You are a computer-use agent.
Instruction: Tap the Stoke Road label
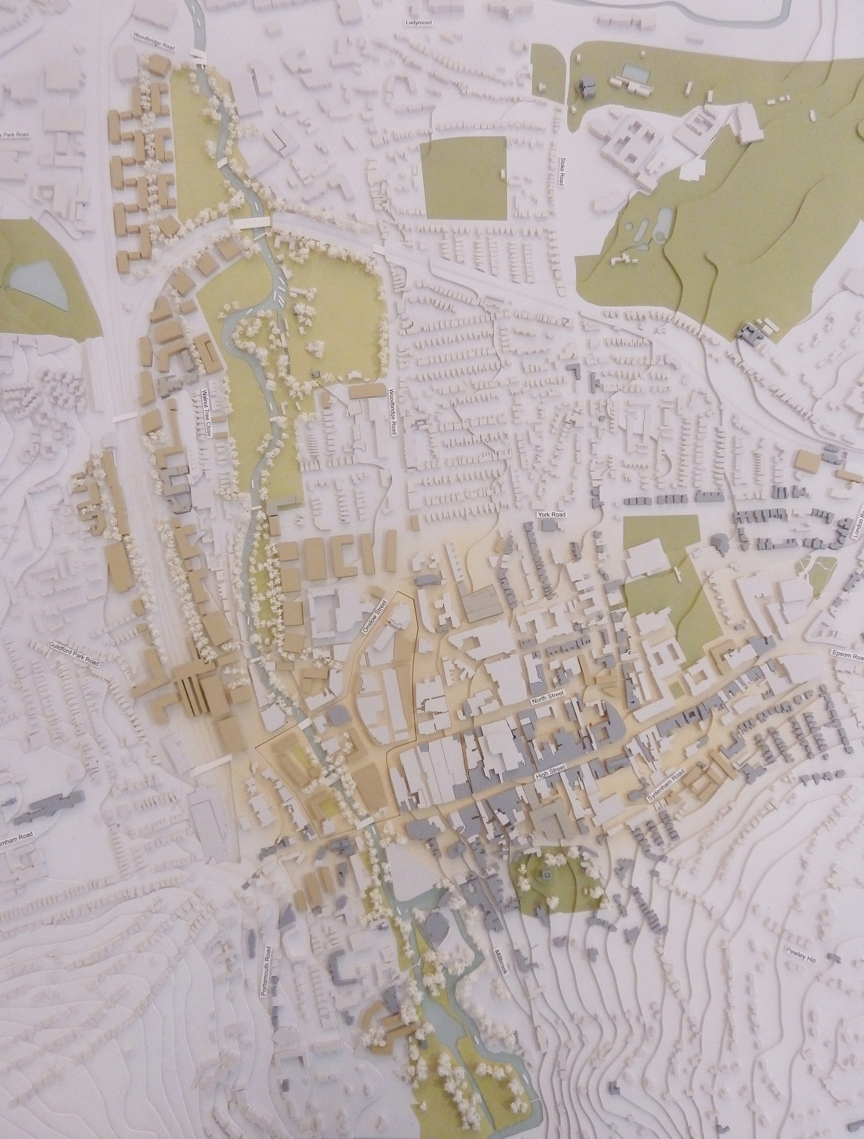click(x=560, y=171)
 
